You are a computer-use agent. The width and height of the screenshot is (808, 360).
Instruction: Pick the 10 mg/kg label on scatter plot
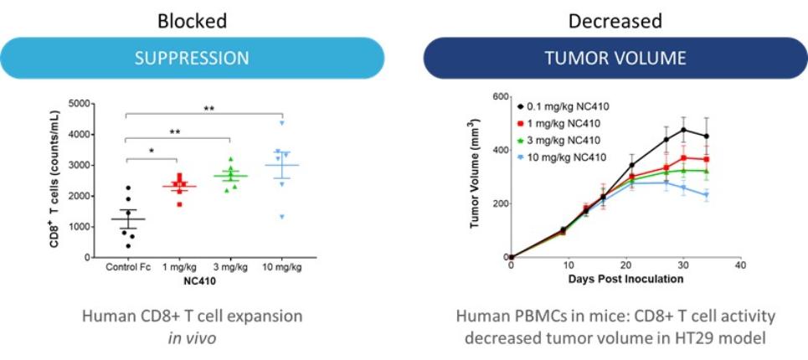(283, 268)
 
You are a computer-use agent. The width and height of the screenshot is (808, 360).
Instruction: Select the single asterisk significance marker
(152, 151)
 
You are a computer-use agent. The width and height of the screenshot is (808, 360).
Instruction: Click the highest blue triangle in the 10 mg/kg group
(283, 124)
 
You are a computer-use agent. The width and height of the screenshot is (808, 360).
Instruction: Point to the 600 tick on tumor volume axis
(498, 97)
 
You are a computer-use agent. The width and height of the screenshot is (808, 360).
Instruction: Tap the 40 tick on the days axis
(739, 266)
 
